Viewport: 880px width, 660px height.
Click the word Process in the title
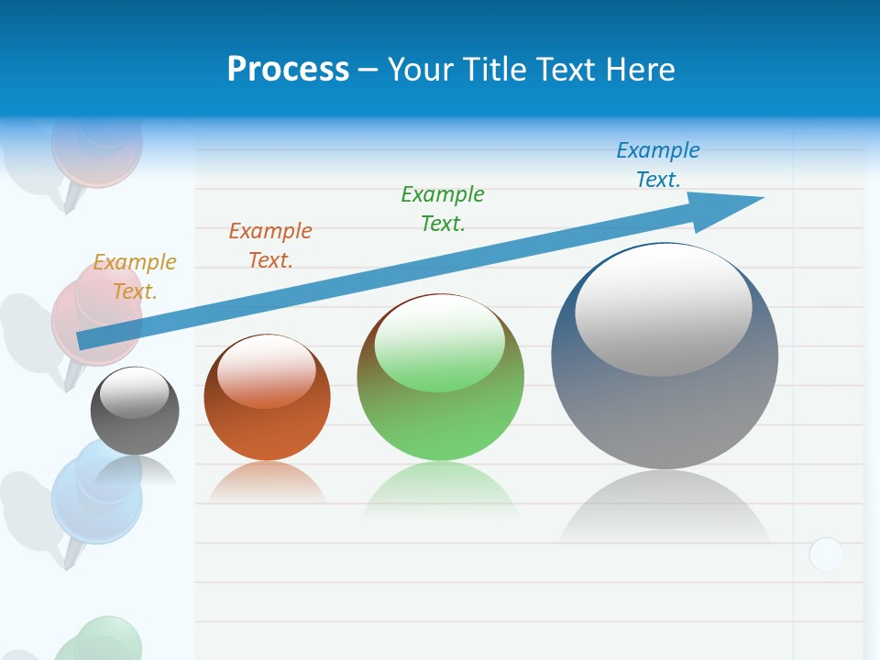pos(288,70)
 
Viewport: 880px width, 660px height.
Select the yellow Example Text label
pos(135,277)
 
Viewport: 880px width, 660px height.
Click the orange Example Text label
pos(270,246)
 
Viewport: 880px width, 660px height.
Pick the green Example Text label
pos(443,208)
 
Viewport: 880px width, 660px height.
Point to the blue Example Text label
pos(658,164)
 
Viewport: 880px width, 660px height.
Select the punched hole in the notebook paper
pos(826,555)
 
